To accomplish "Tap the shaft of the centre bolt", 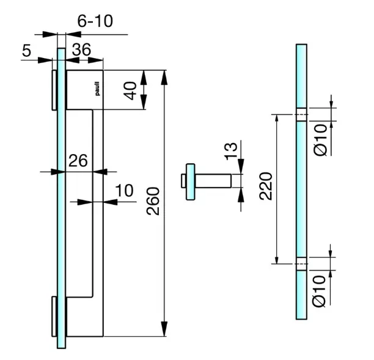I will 213,182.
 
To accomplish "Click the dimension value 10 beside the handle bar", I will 124,191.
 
